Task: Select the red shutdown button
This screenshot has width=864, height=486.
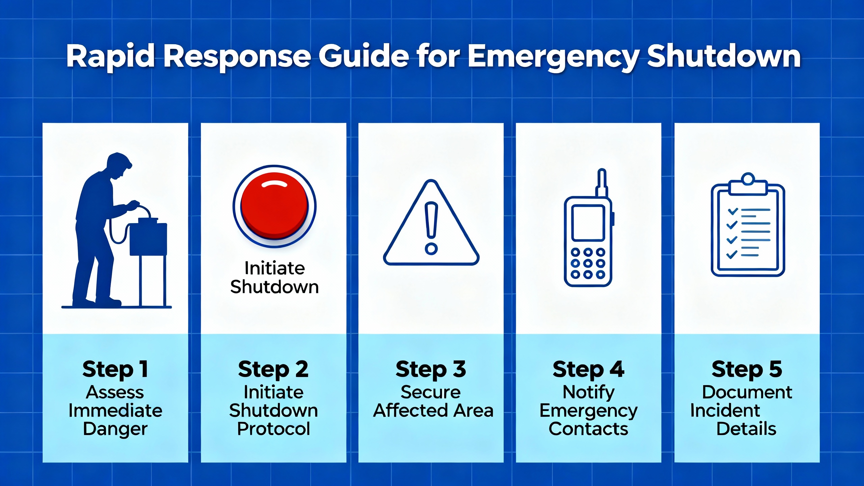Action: pyautogui.click(x=274, y=206)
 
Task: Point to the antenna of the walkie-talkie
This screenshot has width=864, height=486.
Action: pyautogui.click(x=602, y=182)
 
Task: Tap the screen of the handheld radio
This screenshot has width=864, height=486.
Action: pyautogui.click(x=588, y=223)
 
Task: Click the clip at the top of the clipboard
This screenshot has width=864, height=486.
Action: pyautogui.click(x=748, y=186)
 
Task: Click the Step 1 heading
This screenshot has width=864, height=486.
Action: pyautogui.click(x=115, y=369)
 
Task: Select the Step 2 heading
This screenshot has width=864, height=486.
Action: pyautogui.click(x=273, y=369)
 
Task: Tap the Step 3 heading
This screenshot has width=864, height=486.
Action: pyautogui.click(x=431, y=369)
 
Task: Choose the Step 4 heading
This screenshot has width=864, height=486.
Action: pyautogui.click(x=588, y=369)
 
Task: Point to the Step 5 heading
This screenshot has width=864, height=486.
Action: pyautogui.click(x=747, y=369)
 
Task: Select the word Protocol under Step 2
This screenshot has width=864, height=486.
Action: pyautogui.click(x=273, y=429)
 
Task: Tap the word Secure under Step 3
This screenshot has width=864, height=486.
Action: pyautogui.click(x=431, y=392)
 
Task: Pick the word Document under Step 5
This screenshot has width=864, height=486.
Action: pyautogui.click(x=747, y=392)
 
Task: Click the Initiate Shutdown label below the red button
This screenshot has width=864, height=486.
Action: pyautogui.click(x=274, y=277)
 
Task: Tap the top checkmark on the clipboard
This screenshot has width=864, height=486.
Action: pyautogui.click(x=733, y=212)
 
